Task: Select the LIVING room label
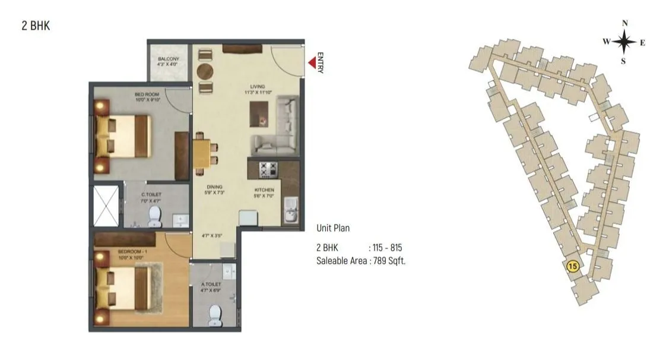pyautogui.click(x=257, y=87)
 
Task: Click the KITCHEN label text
pyautogui.click(x=264, y=190)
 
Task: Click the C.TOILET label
pyautogui.click(x=151, y=194)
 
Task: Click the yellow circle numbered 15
pyautogui.click(x=572, y=267)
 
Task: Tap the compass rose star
pyautogui.click(x=625, y=42)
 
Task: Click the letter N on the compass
pyautogui.click(x=625, y=23)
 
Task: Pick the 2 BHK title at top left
pyautogui.click(x=31, y=26)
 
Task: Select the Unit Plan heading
pyautogui.click(x=333, y=228)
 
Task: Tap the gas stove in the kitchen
pyautogui.click(x=268, y=169)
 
